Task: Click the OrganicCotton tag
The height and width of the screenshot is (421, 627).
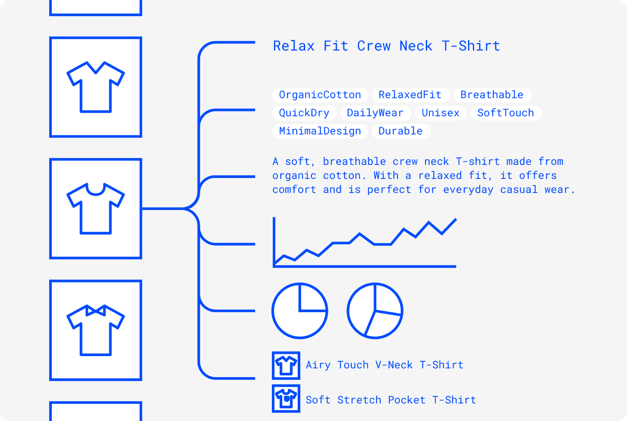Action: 320,95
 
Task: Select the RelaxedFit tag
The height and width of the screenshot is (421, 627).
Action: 410,95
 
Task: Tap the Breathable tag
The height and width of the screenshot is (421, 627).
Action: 492,95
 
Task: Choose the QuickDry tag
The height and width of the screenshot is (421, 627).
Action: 304,113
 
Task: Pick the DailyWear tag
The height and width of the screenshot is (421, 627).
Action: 375,113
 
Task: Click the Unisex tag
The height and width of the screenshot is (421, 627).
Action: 440,113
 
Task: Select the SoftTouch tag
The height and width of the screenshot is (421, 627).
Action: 505,113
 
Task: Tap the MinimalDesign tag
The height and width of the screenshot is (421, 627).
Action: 320,131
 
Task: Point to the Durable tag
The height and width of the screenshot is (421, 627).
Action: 400,131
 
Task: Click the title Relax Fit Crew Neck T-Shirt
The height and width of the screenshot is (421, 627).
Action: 386,46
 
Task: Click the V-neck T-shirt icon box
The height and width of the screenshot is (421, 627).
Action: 96,87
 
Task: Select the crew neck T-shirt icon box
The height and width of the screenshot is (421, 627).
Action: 96,209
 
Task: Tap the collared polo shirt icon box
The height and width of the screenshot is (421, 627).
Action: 96,330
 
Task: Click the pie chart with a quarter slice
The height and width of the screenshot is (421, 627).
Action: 300,311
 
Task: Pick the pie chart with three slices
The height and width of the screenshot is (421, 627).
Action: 375,311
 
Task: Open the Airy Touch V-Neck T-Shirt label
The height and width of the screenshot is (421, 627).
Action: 385,365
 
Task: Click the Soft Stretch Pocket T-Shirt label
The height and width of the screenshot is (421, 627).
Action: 391,400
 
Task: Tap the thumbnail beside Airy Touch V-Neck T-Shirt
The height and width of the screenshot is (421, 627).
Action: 286,365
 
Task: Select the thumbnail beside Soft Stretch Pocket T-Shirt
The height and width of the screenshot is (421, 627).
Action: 286,399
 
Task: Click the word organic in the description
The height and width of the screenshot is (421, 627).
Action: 294,176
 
